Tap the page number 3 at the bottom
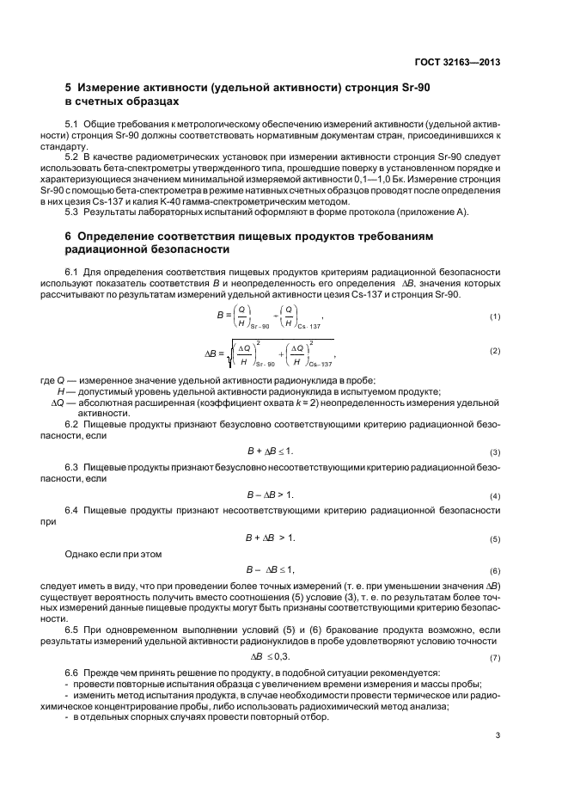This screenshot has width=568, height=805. click(x=498, y=734)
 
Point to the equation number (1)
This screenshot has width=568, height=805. click(x=495, y=317)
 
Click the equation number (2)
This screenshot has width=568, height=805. click(x=495, y=351)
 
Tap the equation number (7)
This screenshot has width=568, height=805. click(x=495, y=658)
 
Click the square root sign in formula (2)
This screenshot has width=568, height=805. click(x=225, y=352)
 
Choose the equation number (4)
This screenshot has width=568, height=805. click(x=495, y=497)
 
